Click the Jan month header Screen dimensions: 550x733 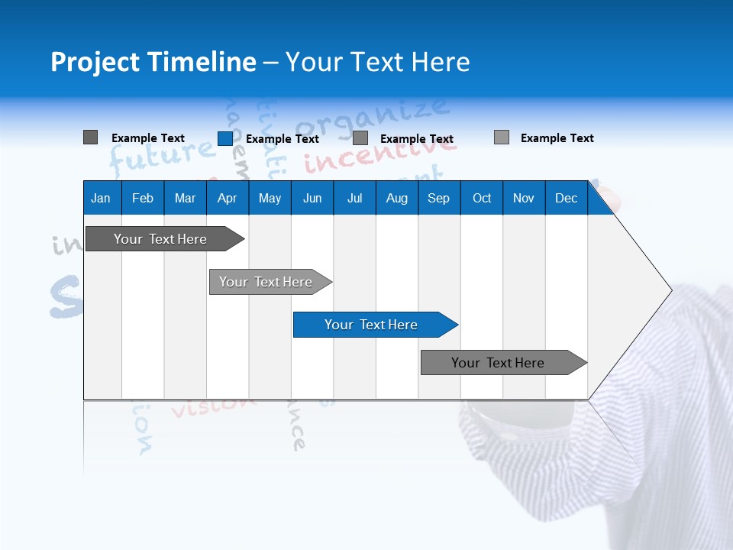tap(101, 198)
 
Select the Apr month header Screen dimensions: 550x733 tap(227, 198)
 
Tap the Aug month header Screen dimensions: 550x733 tap(396, 198)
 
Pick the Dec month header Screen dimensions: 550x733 tap(566, 198)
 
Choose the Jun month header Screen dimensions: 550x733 tap(312, 198)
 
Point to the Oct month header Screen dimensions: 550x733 tap(481, 198)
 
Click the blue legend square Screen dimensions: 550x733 tap(224, 138)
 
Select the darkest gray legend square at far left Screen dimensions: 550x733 tap(90, 137)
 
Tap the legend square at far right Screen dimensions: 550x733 tap(501, 137)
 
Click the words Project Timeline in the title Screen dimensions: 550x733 tap(153, 62)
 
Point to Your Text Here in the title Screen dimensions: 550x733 tap(377, 62)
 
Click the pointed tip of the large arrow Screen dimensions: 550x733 tap(670, 290)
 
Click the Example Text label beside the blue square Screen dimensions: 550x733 tap(283, 138)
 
